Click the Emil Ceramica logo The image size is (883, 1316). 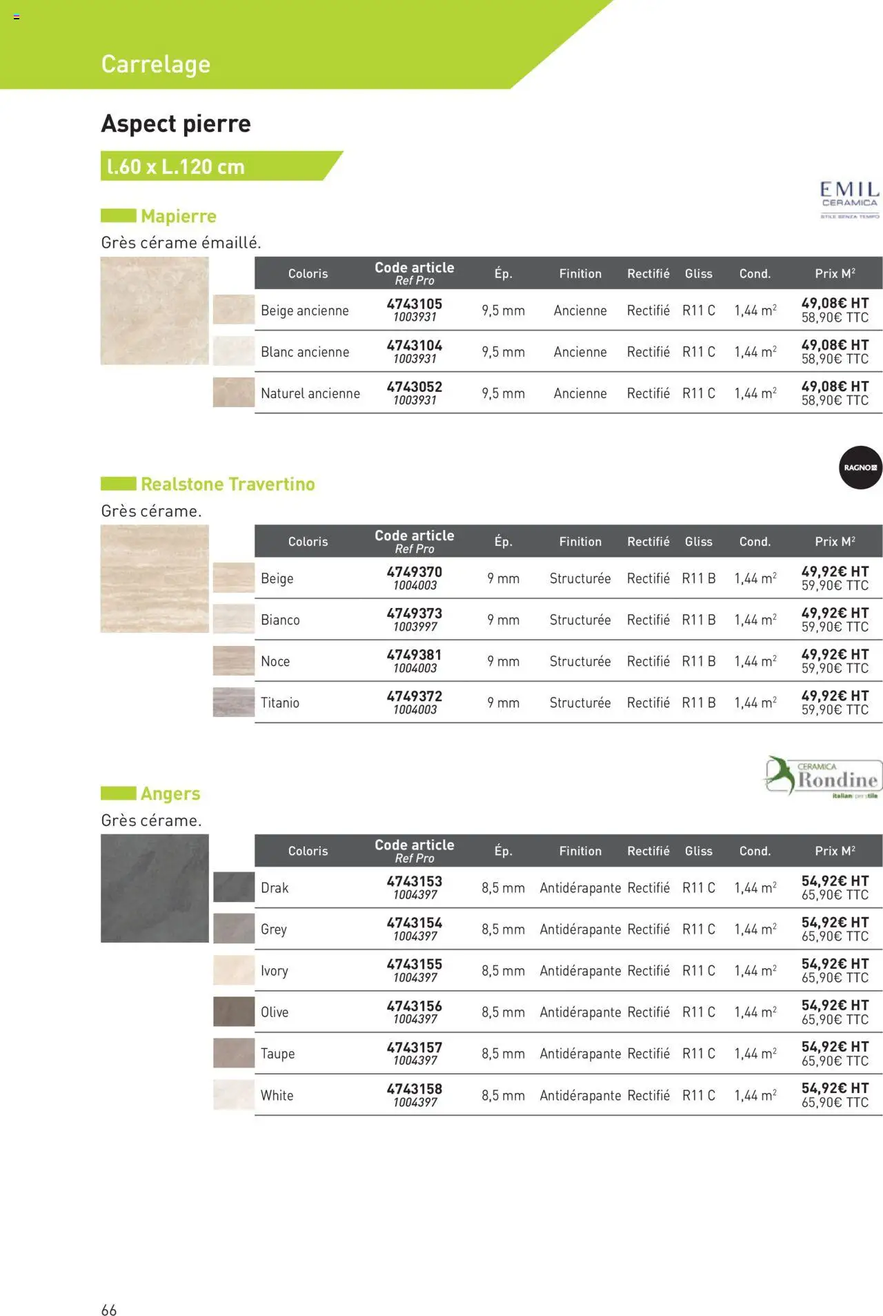849,199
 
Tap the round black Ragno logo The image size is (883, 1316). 860,467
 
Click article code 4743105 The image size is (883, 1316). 414,304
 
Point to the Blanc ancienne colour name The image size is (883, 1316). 305,352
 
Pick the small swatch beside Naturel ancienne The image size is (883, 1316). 233,392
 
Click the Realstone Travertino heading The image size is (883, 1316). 228,484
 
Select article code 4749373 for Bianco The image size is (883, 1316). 414,613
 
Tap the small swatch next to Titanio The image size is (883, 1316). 233,702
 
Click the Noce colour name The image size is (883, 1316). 275,661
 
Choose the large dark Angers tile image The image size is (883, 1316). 155,888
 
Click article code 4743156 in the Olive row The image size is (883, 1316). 414,1005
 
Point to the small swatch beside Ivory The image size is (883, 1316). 233,970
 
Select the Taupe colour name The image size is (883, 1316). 277,1053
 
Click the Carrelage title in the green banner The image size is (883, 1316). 156,64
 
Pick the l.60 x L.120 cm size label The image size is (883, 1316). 176,166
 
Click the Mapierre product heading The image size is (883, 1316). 179,216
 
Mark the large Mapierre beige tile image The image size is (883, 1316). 155,311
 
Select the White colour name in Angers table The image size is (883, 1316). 277,1095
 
